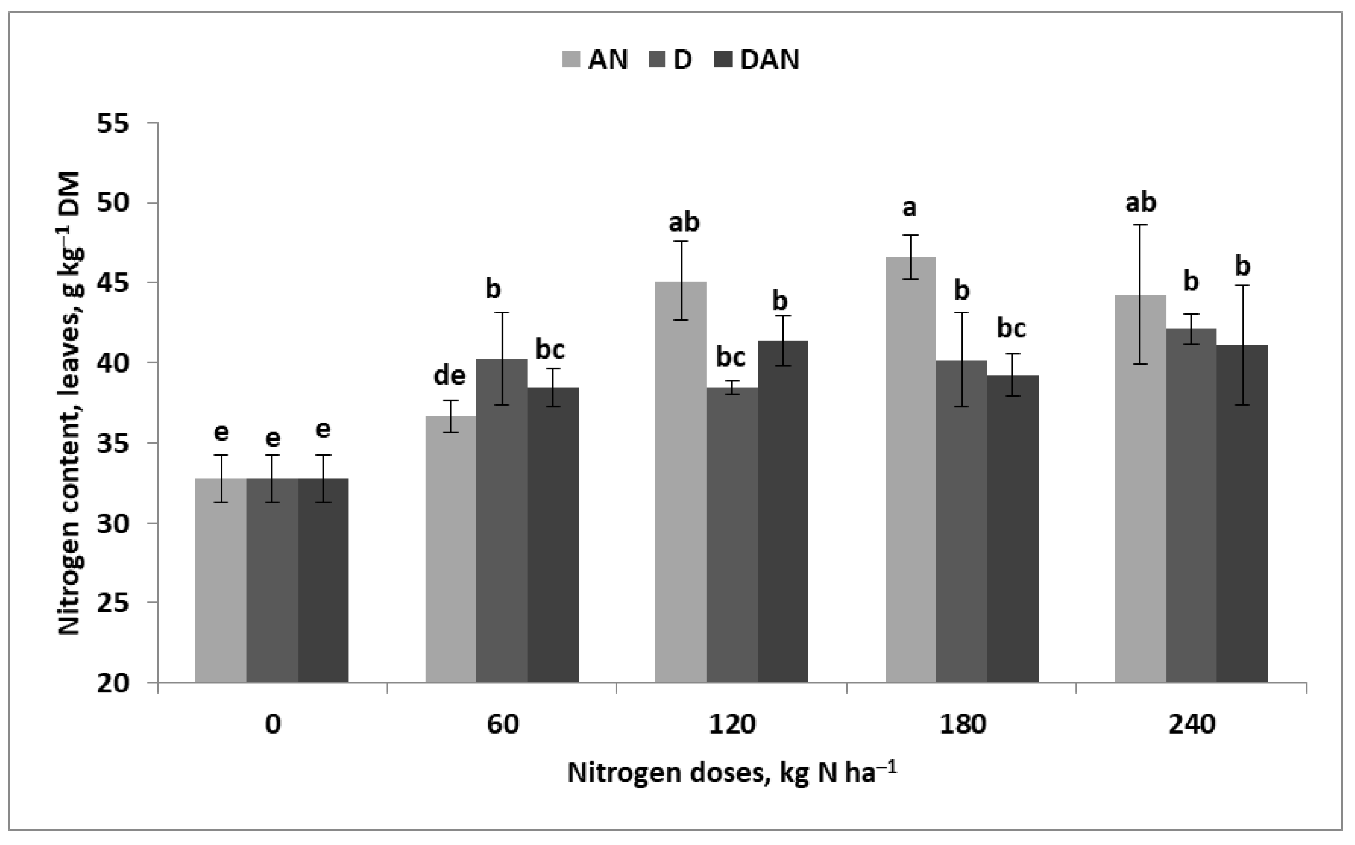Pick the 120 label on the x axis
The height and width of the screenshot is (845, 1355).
[x=732, y=725]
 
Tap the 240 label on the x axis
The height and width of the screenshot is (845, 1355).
[x=1192, y=725]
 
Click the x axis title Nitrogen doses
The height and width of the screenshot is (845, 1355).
[x=732, y=773]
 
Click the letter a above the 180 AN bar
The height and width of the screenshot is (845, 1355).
[x=910, y=208]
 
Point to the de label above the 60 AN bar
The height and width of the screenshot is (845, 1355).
[x=450, y=375]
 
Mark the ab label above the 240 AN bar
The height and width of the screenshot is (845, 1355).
[x=1140, y=202]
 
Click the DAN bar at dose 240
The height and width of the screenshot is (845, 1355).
[x=1242, y=514]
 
